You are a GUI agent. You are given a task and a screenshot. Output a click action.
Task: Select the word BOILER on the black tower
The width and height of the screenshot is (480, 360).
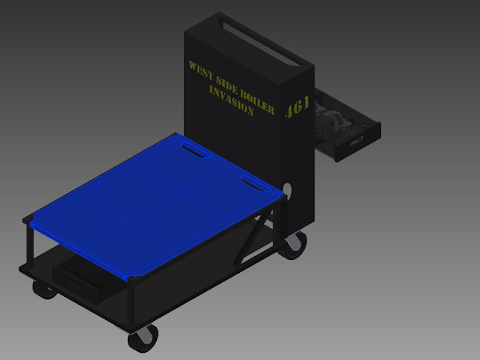pyautogui.click(x=257, y=102)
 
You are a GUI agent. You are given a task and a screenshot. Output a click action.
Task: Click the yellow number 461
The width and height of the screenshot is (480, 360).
pyautogui.click(x=297, y=106)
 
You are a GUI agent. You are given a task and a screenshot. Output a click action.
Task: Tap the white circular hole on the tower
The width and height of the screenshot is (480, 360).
pyautogui.click(x=288, y=191)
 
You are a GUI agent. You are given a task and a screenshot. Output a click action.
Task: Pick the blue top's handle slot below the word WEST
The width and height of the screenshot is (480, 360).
pyautogui.click(x=196, y=150)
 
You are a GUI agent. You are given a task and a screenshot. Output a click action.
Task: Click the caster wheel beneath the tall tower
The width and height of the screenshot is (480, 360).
pyautogui.click(x=293, y=246)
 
